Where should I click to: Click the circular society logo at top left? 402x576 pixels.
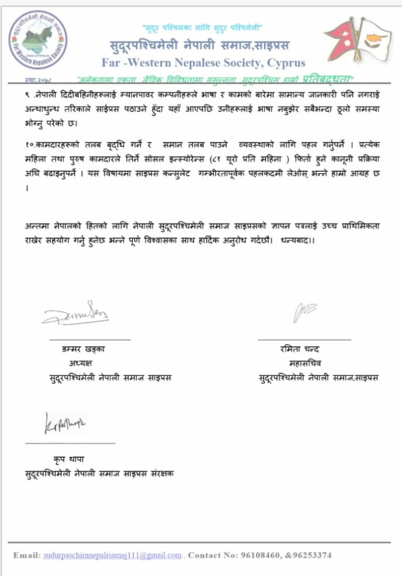click(38, 40)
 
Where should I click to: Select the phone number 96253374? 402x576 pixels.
click(314, 555)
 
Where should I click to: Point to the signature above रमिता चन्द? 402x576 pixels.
click(305, 313)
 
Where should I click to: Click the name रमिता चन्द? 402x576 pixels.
click(300, 350)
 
